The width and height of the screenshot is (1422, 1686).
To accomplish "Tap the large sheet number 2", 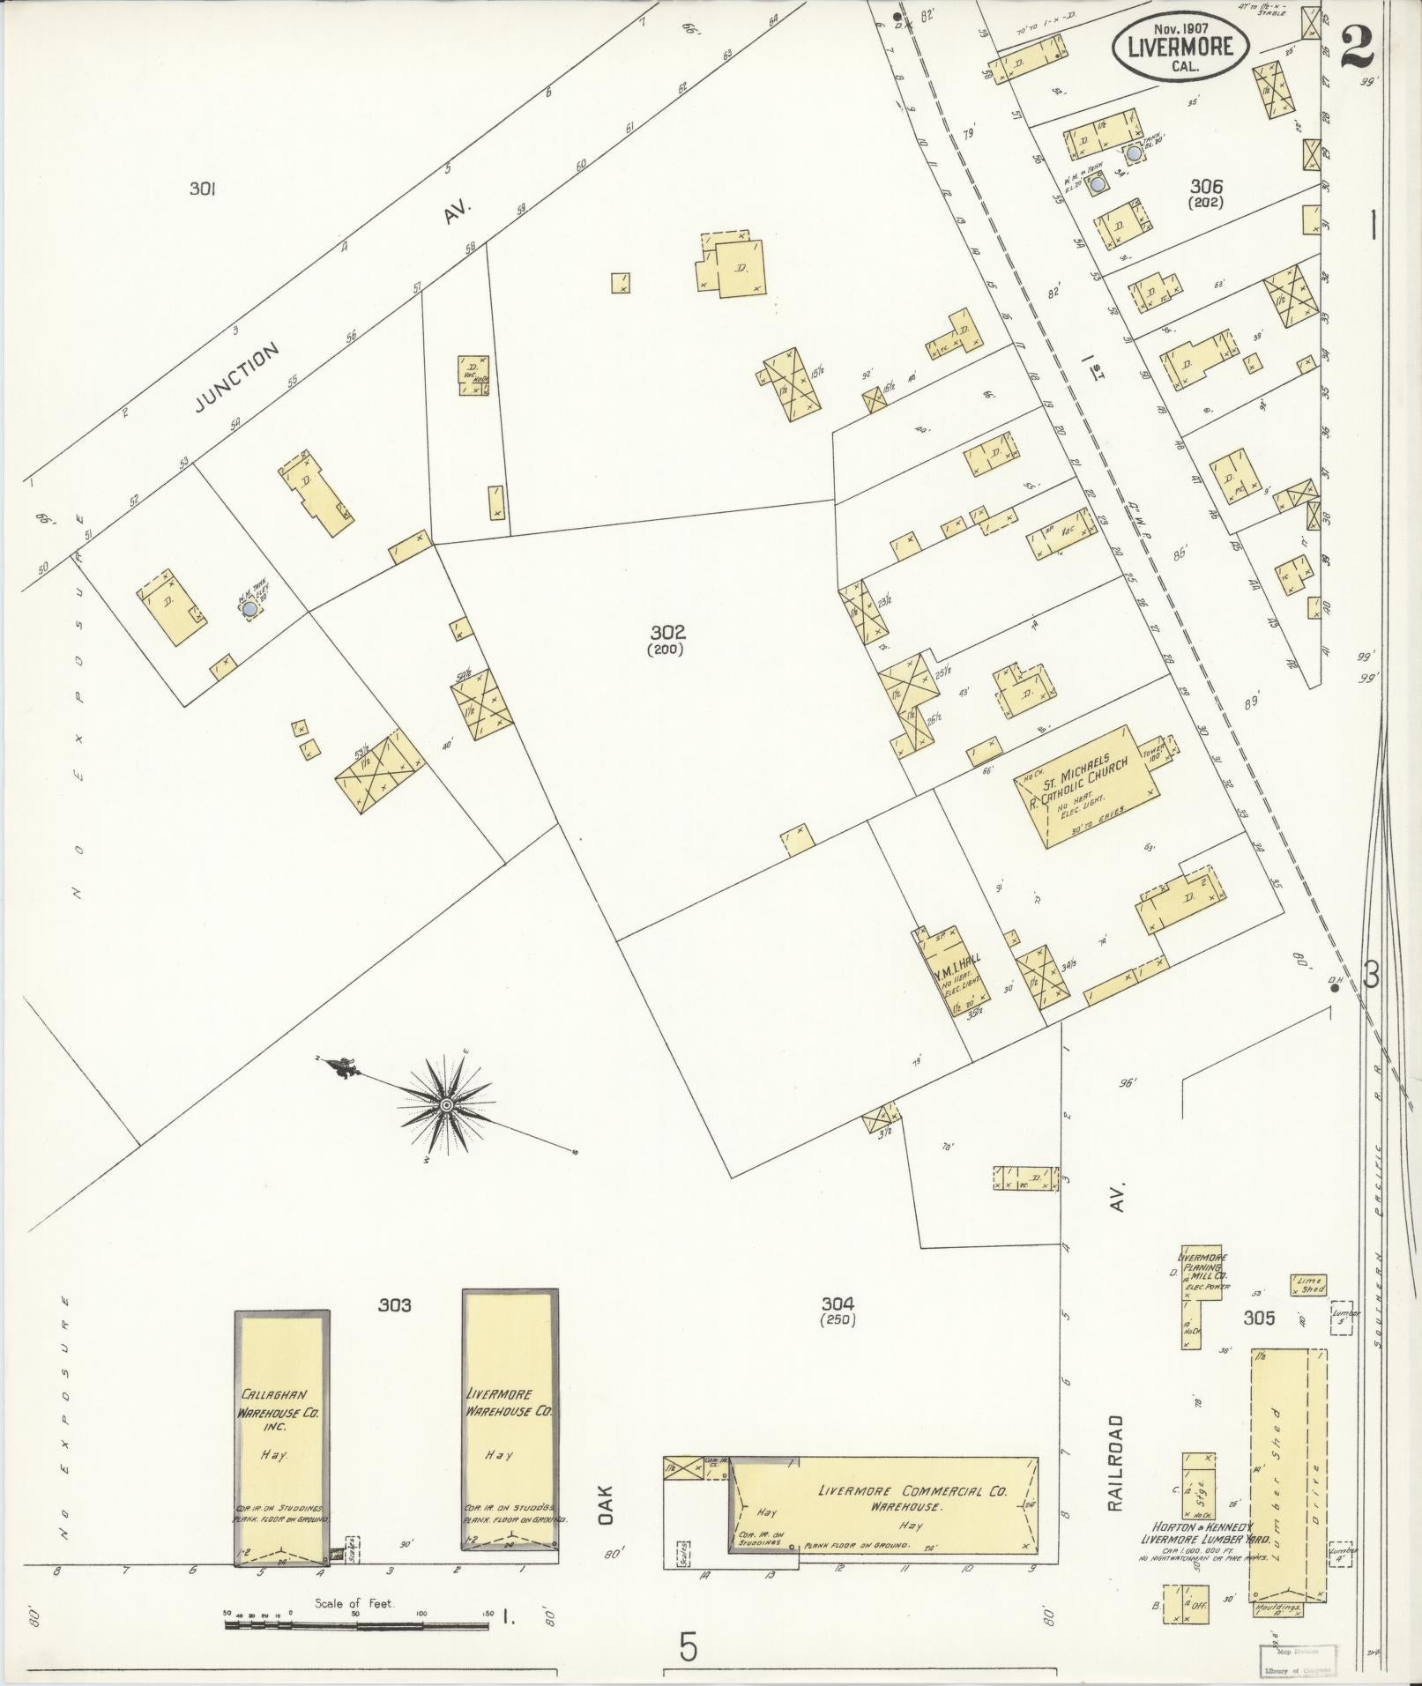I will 1358,47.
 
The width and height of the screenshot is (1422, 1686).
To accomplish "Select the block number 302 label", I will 667,632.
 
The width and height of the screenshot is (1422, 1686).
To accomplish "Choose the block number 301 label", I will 203,188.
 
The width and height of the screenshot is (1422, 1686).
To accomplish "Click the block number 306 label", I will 1206,186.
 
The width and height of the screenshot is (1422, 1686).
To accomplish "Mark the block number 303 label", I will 395,1305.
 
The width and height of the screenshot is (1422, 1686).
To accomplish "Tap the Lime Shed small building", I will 1309,1284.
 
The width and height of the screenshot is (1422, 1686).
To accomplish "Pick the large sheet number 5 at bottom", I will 689,1646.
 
